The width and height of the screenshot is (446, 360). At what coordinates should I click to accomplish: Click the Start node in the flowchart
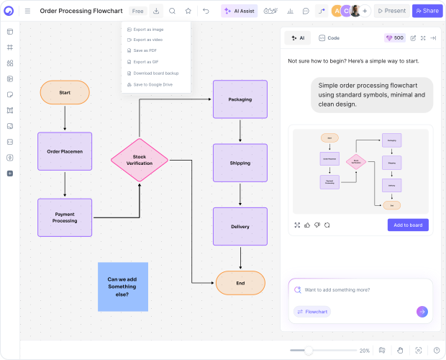65,92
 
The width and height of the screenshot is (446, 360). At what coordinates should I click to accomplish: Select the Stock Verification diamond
139,160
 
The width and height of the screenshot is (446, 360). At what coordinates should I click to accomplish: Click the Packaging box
240,99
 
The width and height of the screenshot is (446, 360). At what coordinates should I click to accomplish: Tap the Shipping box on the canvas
240,163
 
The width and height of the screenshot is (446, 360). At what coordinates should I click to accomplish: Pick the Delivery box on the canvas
240,226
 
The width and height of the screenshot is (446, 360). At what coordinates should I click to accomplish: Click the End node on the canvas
240,283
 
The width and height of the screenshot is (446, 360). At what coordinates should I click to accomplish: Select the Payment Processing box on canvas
65,217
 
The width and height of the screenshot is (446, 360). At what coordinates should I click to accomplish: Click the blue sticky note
123,287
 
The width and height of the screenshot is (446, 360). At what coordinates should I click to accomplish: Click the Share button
427,11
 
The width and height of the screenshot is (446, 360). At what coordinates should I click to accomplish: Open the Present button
391,11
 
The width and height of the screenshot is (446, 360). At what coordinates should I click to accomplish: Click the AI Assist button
239,11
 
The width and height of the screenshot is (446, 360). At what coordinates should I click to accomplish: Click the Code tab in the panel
329,37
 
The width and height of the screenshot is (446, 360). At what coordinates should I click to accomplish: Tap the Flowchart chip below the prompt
311,312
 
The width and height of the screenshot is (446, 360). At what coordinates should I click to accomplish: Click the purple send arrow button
422,312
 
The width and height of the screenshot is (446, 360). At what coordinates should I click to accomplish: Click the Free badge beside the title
138,11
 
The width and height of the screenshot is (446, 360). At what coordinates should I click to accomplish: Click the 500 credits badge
395,37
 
